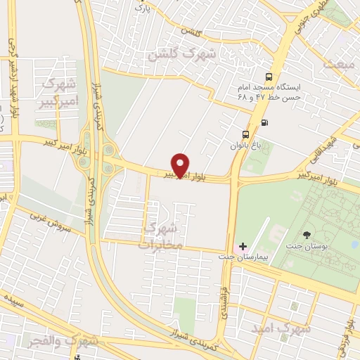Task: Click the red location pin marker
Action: pyautogui.click(x=181, y=165)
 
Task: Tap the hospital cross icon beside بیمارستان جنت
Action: pyautogui.click(x=243, y=247)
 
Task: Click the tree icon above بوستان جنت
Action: pyautogui.click(x=307, y=235)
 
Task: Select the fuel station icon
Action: pyautogui.click(x=264, y=122)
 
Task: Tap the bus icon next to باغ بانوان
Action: pyautogui.click(x=245, y=134)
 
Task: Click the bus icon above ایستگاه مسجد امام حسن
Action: pyautogui.click(x=267, y=77)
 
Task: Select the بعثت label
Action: pyautogui.click(x=341, y=64)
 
